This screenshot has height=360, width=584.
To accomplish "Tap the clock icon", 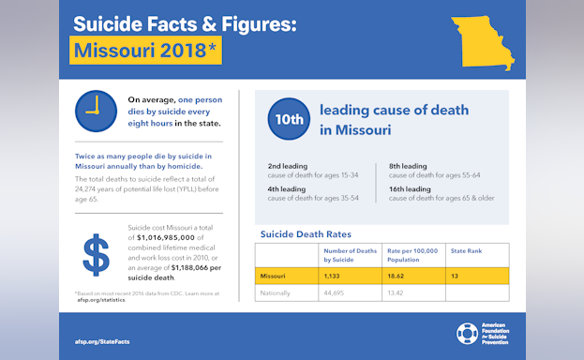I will [95, 111].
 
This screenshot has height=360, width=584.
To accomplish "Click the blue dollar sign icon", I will [96, 256].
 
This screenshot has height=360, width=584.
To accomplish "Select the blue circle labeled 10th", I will [288, 119].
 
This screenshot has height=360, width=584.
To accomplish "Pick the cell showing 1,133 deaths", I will [336, 276].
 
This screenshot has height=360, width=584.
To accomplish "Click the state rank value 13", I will [457, 276].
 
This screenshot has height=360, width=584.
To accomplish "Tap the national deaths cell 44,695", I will [336, 292].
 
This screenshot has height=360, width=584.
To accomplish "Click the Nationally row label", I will [277, 292].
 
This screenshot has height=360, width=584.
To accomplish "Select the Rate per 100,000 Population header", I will [413, 254].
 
